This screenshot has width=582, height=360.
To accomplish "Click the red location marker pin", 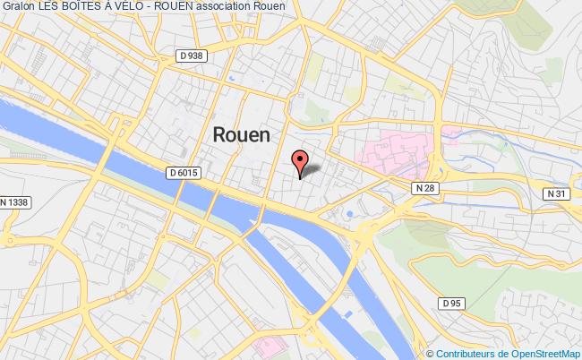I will pos(300,161).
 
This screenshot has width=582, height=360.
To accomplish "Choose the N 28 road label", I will pos(424,188).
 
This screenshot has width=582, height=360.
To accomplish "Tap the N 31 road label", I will pos(556,193).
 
